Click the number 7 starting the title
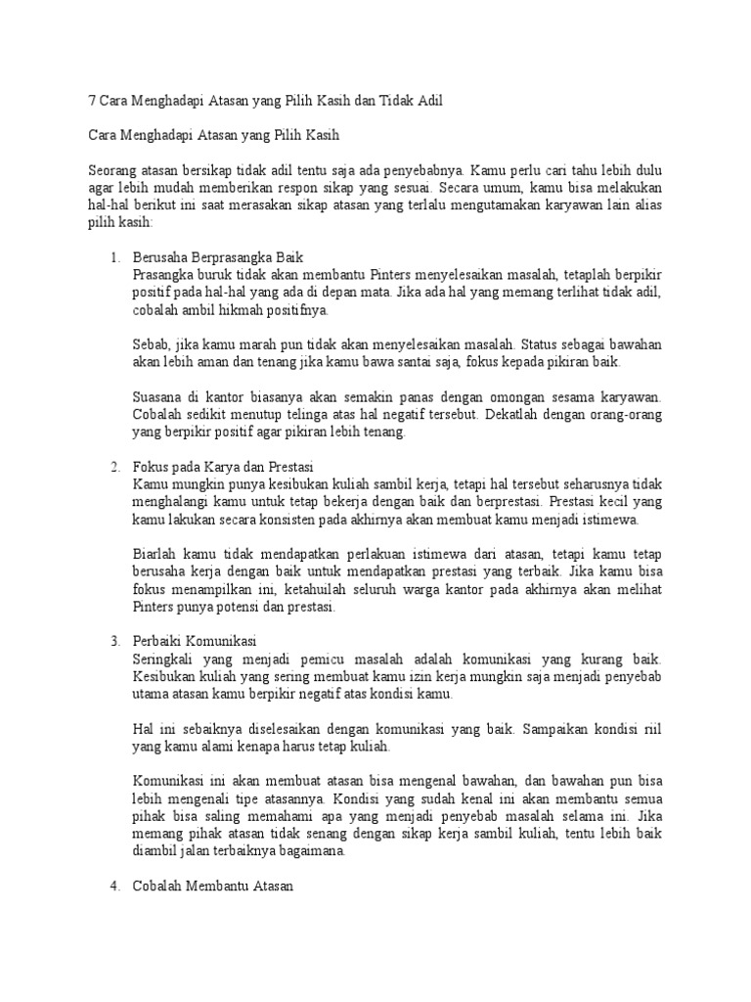92,103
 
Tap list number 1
113,257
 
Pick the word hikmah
243,310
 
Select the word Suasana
158,397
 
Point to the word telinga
308,415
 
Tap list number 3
113,641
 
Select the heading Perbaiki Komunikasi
194,641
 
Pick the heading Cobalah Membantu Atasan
212,888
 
